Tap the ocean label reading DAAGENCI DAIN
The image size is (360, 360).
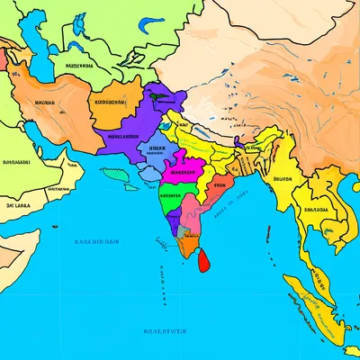pos(97,241)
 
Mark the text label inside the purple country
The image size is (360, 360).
pos(124,138)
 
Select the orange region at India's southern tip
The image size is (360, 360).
pos(187,243)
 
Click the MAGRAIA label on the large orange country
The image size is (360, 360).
pos(43,102)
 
